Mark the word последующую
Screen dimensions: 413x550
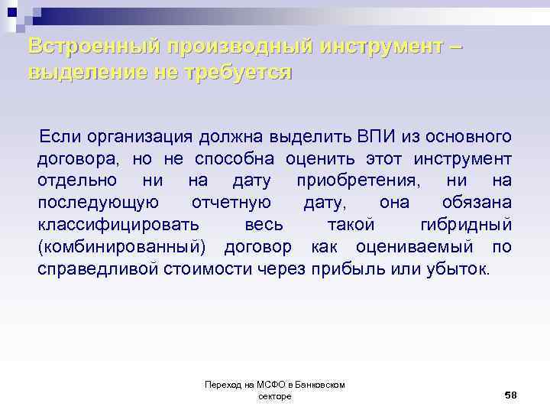(x=98, y=203)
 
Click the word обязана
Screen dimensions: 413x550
(x=477, y=203)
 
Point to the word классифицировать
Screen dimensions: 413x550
(x=118, y=225)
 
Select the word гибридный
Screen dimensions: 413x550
(x=466, y=225)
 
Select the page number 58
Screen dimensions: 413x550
(x=511, y=394)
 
